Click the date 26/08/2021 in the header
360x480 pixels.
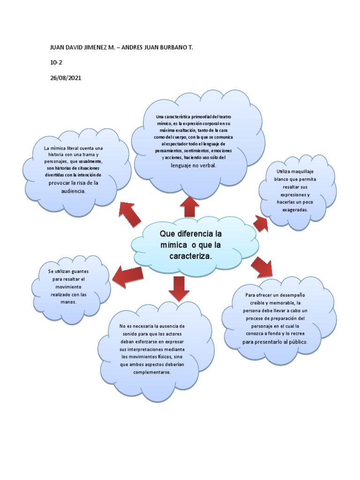point(65,78)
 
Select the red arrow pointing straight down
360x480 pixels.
point(178,288)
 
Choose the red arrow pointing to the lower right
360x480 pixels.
point(262,267)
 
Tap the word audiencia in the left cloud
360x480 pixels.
point(70,192)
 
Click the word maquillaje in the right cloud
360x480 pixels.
point(303,172)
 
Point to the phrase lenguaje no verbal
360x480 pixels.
point(193,165)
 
